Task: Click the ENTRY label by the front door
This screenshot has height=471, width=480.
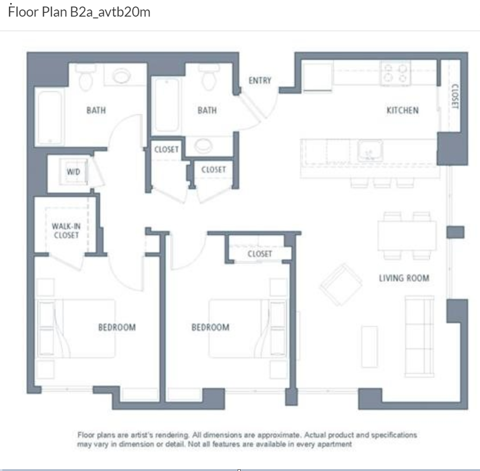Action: click(260, 81)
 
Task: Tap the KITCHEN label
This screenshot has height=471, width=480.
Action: click(402, 110)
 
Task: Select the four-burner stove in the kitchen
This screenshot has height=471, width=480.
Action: click(395, 74)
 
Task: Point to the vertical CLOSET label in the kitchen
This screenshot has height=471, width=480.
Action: click(455, 96)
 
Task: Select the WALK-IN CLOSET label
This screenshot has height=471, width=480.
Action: click(66, 230)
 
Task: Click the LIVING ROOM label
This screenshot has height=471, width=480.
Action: click(404, 278)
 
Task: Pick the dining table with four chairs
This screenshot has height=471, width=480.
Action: click(407, 235)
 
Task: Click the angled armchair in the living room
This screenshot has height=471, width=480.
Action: click(341, 284)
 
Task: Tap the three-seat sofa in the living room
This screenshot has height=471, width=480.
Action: click(419, 336)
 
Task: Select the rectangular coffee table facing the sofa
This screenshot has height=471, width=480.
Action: click(369, 346)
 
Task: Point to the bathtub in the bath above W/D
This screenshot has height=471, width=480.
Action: click(50, 117)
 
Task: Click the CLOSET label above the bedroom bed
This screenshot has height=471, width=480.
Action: click(260, 254)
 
